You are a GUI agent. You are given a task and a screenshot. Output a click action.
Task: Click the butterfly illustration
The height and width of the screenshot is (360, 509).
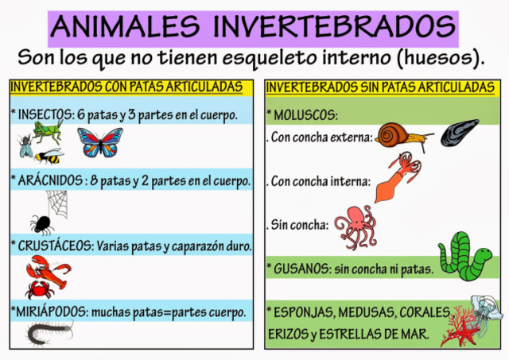[100, 142]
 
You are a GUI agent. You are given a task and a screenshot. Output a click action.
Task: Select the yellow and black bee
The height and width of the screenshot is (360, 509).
[49, 154]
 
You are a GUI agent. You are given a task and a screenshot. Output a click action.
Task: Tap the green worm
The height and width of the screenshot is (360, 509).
[465, 255]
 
